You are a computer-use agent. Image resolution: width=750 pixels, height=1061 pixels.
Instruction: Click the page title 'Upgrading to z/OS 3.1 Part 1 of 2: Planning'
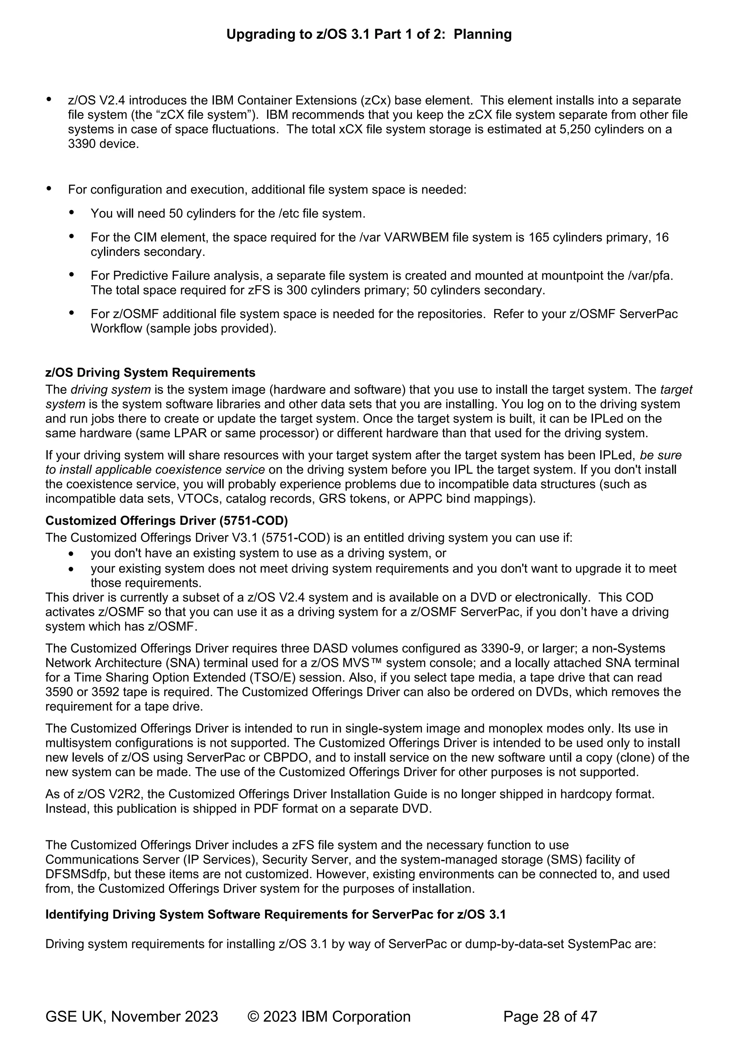pyautogui.click(x=368, y=34)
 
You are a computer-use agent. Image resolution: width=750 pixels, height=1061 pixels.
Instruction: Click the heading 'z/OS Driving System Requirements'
pyautogui.click(x=150, y=372)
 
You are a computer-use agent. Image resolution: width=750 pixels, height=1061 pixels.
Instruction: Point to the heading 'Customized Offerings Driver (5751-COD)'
pyautogui.click(x=166, y=521)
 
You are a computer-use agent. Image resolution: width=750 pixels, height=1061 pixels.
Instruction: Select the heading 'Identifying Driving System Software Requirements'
pyautogui.click(x=275, y=914)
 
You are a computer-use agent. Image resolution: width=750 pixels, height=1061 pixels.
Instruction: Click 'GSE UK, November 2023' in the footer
pyautogui.click(x=131, y=1017)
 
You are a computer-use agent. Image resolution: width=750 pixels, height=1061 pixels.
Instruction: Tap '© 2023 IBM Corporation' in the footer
pyautogui.click(x=329, y=1017)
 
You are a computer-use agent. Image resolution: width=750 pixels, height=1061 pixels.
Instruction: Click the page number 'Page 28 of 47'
pyautogui.click(x=550, y=1017)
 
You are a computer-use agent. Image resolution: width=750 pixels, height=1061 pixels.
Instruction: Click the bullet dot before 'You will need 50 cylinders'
pyautogui.click(x=71, y=213)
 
